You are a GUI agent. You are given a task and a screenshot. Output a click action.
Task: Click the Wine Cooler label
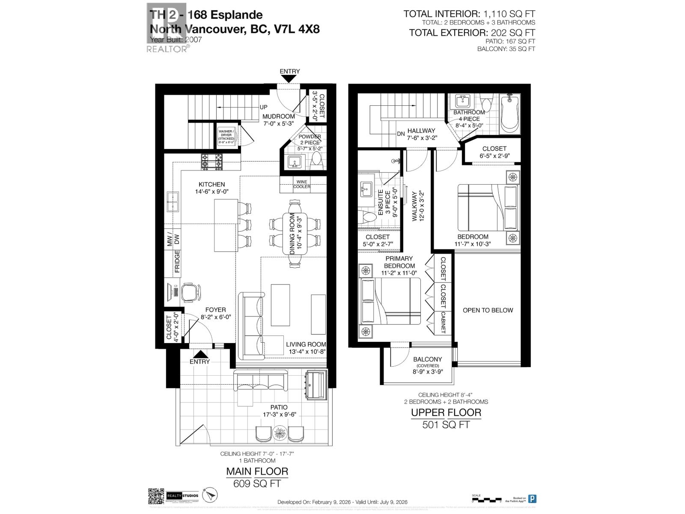pyautogui.click(x=302, y=184)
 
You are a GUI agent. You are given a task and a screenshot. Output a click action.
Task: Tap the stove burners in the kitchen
pyautogui.click(x=212, y=161)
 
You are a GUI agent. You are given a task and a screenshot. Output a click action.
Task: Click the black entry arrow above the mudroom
pyautogui.click(x=289, y=79)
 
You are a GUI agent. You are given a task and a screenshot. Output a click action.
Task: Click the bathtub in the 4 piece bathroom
pyautogui.click(x=509, y=114)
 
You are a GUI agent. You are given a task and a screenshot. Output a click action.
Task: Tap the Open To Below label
pyautogui.click(x=488, y=310)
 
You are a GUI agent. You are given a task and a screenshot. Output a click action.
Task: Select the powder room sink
pyautogui.click(x=295, y=162)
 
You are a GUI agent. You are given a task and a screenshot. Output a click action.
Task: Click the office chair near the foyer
pyautogui.click(x=191, y=292)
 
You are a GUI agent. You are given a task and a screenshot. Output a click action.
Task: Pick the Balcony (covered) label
pyautogui.click(x=427, y=362)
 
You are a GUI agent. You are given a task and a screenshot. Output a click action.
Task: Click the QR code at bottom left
pyautogui.click(x=156, y=496)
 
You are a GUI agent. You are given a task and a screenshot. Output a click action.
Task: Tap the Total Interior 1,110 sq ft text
pyautogui.click(x=469, y=14)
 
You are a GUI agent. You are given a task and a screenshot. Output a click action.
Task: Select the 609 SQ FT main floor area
pyautogui.click(x=257, y=484)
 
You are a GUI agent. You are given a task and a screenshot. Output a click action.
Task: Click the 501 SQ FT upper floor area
pyautogui.click(x=446, y=424)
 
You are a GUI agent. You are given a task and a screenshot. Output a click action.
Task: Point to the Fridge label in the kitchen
pyautogui.click(x=177, y=261)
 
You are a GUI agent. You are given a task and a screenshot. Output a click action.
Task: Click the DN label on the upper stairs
pyautogui.click(x=400, y=134)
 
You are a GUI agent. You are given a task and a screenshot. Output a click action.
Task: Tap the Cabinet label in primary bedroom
pyautogui.click(x=443, y=322)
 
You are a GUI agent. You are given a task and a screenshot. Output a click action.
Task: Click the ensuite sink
pyautogui.click(x=366, y=189)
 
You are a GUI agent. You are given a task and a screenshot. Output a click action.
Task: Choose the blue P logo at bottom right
pyautogui.click(x=532, y=499)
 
